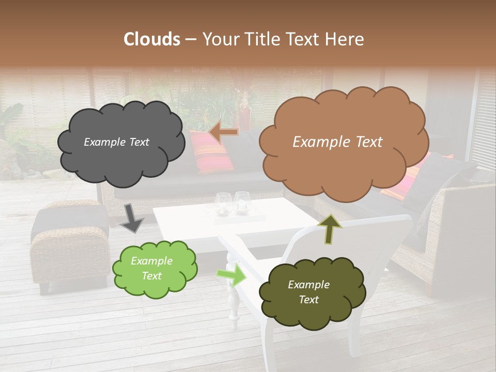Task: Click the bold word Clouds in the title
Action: [151, 39]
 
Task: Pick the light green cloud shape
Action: [154, 269]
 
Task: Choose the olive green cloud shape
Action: [311, 292]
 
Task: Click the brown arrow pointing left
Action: [223, 133]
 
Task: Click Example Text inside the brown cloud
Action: [337, 142]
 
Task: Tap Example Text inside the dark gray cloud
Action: [116, 142]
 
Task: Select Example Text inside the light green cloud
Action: [151, 269]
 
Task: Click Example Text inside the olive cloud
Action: [308, 292]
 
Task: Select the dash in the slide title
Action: [190, 39]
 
